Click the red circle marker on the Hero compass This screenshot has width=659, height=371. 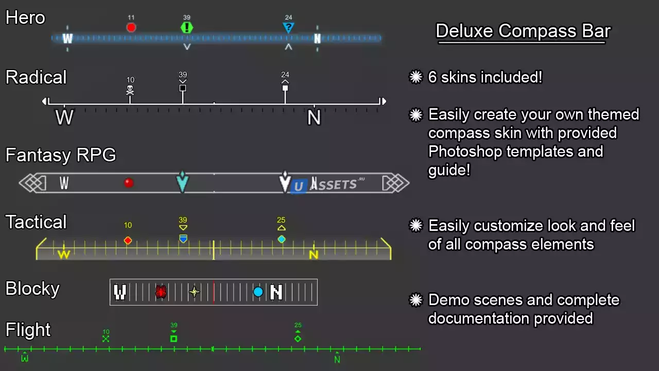tap(131, 27)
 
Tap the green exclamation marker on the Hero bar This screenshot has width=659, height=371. tap(187, 27)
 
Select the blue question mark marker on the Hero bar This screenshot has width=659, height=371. tap(289, 27)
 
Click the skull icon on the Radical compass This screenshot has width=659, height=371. tap(130, 90)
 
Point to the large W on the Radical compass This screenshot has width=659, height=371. tap(64, 117)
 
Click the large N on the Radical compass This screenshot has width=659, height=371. tap(314, 118)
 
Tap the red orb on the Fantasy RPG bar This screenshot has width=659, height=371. tap(129, 182)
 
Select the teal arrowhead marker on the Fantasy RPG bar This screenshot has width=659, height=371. tap(182, 182)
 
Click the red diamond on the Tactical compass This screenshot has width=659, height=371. tap(128, 240)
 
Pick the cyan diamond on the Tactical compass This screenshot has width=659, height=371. tap(281, 239)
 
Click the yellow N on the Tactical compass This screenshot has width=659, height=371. tap(314, 255)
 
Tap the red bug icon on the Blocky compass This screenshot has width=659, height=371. tap(161, 292)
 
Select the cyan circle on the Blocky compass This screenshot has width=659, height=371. tap(258, 292)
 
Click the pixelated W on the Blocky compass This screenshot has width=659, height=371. tap(120, 292)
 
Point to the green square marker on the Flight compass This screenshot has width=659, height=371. tap(174, 339)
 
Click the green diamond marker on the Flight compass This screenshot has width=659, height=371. tap(298, 339)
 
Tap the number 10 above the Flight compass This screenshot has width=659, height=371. tap(106, 332)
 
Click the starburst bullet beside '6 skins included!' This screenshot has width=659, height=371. tap(415, 77)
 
